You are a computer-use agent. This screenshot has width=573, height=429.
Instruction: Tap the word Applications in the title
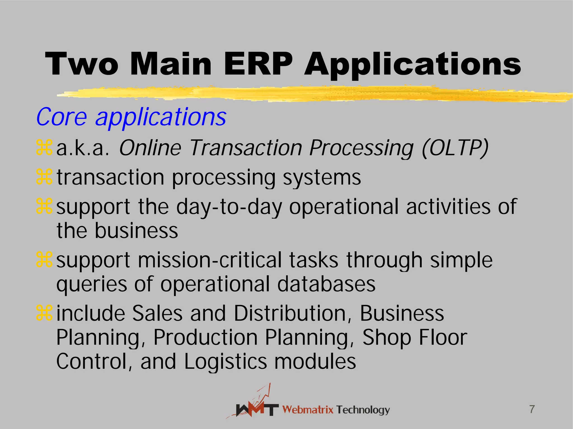[x=413, y=65]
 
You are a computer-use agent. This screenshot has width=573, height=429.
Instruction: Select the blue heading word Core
[x=62, y=117]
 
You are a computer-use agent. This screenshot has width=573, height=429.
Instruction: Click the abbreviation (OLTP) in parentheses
[x=455, y=148]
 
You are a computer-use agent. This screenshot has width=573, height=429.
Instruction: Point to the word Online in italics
[x=150, y=148]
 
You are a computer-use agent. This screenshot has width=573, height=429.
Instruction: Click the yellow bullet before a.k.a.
[x=44, y=148]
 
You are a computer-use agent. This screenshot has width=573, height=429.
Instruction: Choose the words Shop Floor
[x=415, y=337]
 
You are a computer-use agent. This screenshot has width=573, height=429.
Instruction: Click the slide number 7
[x=532, y=409]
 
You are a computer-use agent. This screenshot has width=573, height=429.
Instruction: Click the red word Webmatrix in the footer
[x=308, y=410]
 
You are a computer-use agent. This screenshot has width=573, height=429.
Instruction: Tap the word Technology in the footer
[x=363, y=410]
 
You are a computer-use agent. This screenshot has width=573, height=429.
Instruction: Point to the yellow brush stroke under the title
[x=308, y=94]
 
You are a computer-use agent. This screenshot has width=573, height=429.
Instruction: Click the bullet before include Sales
[x=44, y=313]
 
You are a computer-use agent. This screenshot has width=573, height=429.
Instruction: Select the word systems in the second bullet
[x=322, y=178]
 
